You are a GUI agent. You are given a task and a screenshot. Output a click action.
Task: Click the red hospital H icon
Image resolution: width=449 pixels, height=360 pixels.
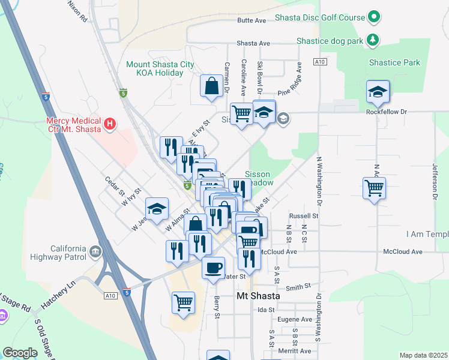(x=109, y=124)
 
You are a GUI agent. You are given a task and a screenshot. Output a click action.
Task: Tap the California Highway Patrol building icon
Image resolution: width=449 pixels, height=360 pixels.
(x=95, y=251)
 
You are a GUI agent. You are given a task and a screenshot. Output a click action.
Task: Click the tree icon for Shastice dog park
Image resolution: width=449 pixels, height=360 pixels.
(x=374, y=40)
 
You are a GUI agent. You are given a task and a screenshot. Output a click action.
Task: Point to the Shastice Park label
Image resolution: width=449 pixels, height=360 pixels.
(x=394, y=62)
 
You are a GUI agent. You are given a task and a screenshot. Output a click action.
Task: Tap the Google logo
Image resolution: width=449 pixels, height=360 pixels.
(x=20, y=353)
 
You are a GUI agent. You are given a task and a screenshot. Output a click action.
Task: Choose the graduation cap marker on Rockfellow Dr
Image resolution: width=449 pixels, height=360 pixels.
(x=378, y=92)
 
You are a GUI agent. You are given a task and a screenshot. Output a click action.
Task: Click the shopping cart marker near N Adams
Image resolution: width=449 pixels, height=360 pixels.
(x=375, y=189)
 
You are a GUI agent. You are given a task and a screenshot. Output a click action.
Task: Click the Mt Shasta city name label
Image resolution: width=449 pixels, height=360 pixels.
(x=258, y=296)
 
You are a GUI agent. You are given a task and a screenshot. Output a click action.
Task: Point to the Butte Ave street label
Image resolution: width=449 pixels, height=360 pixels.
(x=252, y=20)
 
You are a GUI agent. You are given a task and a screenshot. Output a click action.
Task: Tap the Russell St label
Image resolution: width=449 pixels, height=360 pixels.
(x=303, y=215)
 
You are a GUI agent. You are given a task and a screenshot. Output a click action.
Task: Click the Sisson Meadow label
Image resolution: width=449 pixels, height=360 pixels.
(x=259, y=178)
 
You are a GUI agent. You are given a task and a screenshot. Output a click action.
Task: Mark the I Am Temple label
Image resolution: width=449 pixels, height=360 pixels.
(x=427, y=233)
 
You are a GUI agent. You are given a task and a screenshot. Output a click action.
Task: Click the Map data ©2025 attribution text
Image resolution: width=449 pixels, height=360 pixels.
(x=423, y=355)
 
